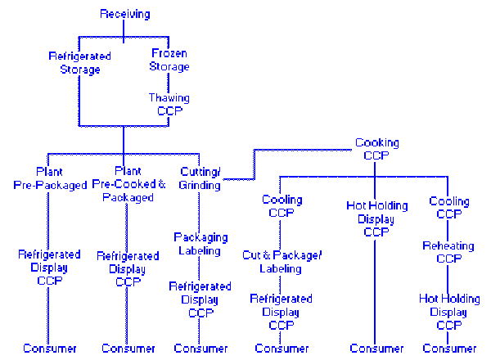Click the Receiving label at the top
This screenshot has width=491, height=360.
click(124, 14)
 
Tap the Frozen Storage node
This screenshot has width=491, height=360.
click(169, 60)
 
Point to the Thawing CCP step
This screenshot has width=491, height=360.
click(169, 104)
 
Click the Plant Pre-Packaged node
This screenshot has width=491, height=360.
click(50, 178)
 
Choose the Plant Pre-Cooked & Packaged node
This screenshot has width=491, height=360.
click(128, 184)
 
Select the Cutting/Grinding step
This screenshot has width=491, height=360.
click(200, 178)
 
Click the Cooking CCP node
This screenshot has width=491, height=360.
click(376, 149)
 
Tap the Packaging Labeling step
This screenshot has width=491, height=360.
click(200, 244)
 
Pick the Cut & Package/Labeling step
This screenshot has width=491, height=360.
click(282, 262)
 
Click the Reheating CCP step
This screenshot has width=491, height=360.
click(449, 252)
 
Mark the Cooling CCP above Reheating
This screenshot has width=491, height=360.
click(449, 208)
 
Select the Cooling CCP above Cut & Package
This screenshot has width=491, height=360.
click(282, 206)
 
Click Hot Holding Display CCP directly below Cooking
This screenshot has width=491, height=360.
click(376, 219)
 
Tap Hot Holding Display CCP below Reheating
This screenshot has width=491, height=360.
click(449, 312)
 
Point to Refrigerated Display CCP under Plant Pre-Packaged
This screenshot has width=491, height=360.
click(50, 268)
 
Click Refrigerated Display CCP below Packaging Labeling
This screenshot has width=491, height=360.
click(200, 299)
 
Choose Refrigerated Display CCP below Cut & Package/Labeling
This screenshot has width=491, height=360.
click(282, 312)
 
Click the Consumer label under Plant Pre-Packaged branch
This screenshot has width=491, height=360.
click(50, 349)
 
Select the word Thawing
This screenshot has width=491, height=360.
click(169, 98)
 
